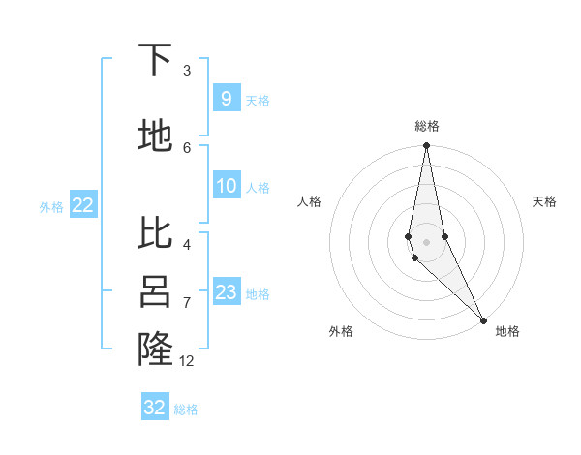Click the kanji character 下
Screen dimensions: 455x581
point(155,60)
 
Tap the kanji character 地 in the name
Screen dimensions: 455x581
point(155,136)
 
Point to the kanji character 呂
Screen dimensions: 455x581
point(155,292)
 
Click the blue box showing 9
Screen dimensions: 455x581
point(226,99)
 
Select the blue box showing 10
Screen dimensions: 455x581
point(226,186)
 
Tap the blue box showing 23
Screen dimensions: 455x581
point(226,292)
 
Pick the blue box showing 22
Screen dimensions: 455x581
point(82,205)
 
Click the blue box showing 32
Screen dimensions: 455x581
point(155,408)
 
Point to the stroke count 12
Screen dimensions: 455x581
point(187,361)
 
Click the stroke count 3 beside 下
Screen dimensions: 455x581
point(187,71)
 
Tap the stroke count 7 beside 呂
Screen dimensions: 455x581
point(187,303)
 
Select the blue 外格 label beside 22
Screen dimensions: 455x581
point(50,206)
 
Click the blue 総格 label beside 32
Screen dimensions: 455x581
point(186,409)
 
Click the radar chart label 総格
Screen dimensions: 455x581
point(426,126)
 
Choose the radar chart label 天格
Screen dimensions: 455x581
point(544,201)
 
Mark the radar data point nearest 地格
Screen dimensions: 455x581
point(483,319)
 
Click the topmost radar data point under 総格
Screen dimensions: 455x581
point(426,146)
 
